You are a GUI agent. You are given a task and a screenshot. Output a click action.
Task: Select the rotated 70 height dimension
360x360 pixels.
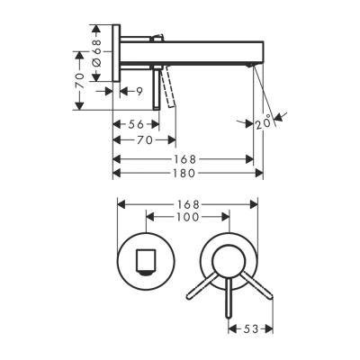(x=80, y=78)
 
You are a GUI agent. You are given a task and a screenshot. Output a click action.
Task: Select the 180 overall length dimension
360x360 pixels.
(x=184, y=173)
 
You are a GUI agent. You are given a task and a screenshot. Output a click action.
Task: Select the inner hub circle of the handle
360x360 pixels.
(x=230, y=261)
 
